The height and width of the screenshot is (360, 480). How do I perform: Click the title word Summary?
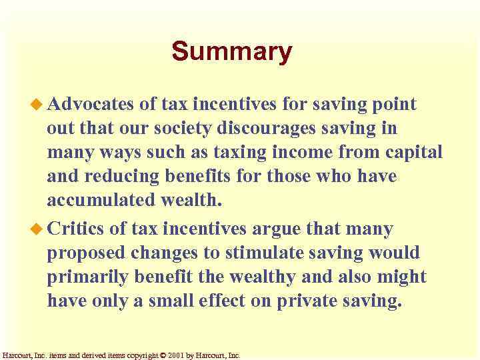point(231,52)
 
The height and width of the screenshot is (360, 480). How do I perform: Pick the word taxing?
point(223,153)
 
